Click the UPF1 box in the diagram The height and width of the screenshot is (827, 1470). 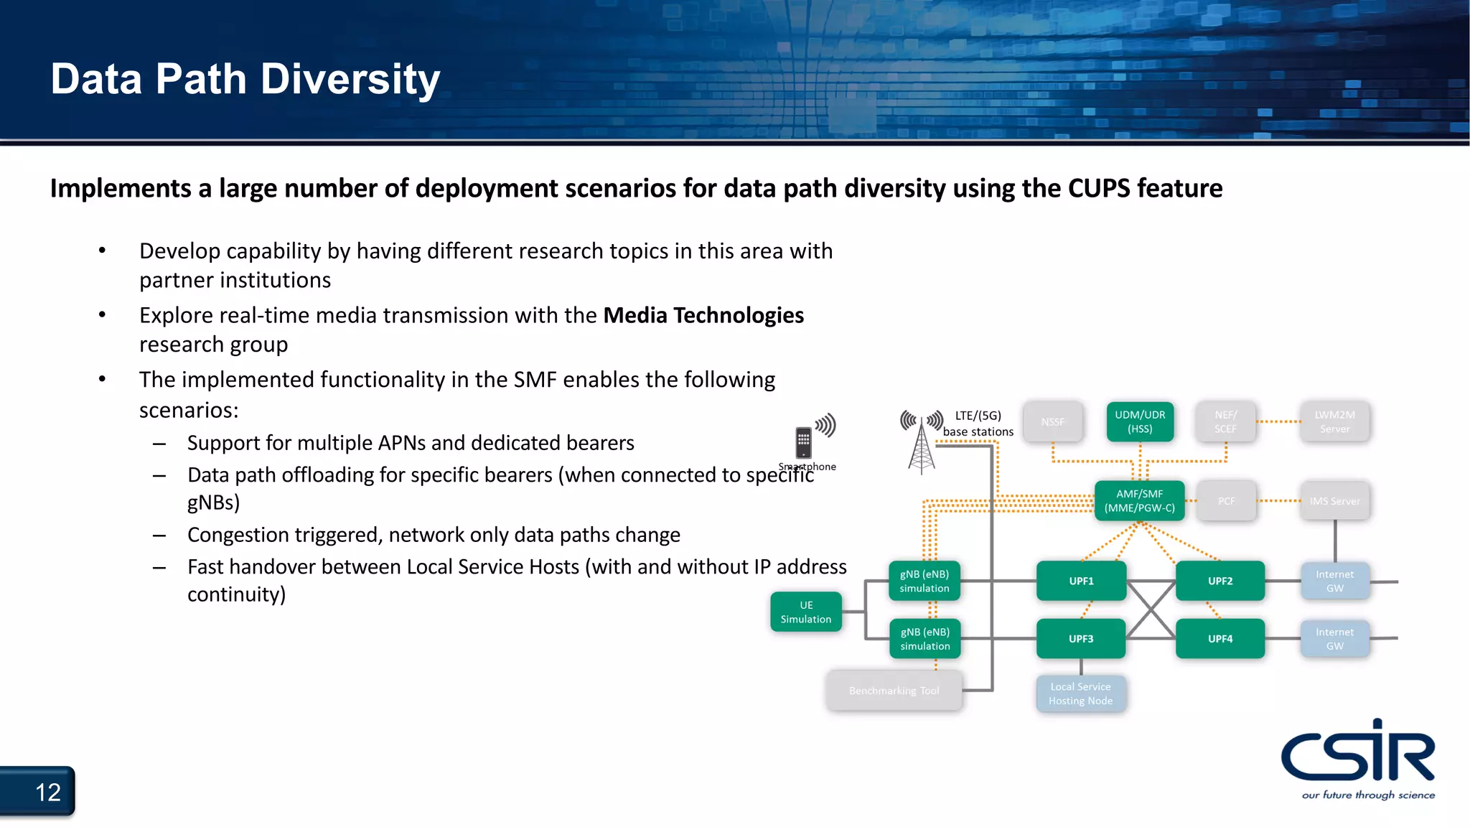(1081, 581)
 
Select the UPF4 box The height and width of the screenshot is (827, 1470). (1219, 638)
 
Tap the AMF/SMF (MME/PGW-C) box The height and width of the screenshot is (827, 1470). (1139, 500)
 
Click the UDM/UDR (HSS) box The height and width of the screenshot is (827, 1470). (1139, 421)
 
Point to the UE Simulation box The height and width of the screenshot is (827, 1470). (805, 612)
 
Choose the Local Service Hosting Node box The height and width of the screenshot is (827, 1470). (1080, 693)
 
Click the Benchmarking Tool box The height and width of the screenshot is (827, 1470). (894, 691)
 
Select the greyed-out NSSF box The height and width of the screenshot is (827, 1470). (1052, 421)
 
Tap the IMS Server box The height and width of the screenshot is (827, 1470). (1334, 501)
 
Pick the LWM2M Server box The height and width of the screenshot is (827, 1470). (1334, 421)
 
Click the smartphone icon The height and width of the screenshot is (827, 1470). (803, 442)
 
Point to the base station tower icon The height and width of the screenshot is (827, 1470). (922, 445)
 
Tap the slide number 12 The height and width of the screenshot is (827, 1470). (47, 793)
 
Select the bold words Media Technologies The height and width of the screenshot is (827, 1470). (703, 315)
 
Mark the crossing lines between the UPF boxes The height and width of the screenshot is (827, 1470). (1151, 609)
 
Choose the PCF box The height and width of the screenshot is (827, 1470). (1226, 501)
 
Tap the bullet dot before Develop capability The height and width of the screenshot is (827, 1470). (102, 251)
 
